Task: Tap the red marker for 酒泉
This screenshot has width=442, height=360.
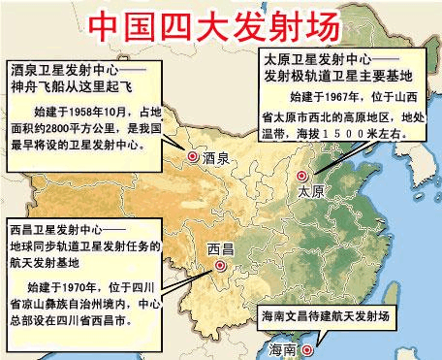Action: pos(192,155)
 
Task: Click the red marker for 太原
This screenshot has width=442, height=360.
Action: pos(303,177)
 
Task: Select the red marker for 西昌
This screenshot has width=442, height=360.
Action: pos(220,265)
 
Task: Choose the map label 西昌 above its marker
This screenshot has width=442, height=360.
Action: pos(221,249)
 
